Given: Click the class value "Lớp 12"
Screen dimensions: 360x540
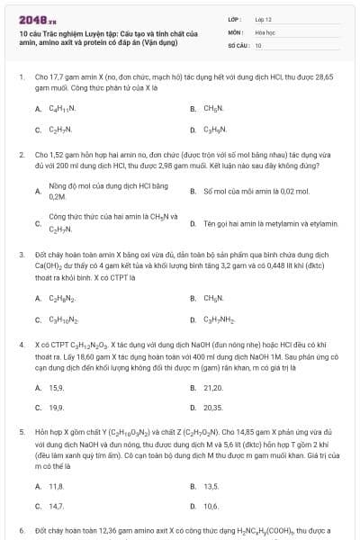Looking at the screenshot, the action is (x=264, y=18).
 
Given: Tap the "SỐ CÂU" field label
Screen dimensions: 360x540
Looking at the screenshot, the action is (x=238, y=44).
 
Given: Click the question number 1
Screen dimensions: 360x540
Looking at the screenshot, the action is (x=21, y=77).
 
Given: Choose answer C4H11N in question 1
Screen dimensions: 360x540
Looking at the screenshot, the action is (x=62, y=108).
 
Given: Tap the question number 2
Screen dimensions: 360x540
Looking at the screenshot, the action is (x=21, y=155).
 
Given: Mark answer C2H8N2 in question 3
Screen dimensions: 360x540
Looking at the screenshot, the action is (x=62, y=298).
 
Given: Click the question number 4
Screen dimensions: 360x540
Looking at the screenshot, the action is (x=21, y=345).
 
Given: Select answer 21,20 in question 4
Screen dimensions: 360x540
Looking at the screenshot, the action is (x=213, y=388).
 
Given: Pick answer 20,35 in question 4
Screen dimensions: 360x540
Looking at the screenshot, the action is (x=213, y=407).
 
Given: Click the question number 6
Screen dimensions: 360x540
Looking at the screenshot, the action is (x=21, y=531).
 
